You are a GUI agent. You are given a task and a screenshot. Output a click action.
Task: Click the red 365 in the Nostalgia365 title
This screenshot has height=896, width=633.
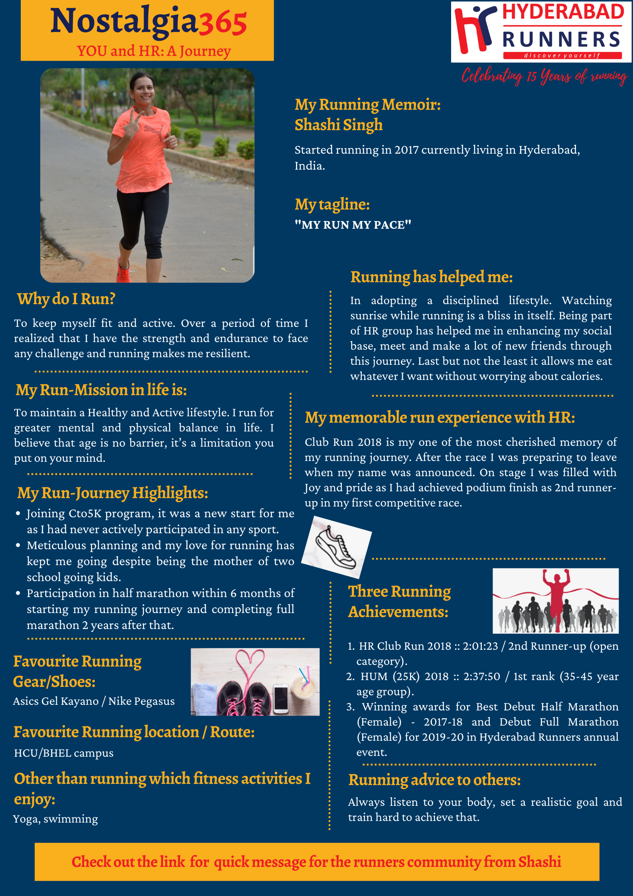pyautogui.click(x=223, y=23)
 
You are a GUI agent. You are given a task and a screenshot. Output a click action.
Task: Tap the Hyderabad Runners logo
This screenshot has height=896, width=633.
pyautogui.click(x=541, y=32)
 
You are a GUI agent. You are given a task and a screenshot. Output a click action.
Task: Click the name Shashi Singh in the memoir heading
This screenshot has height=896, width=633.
pyautogui.click(x=338, y=125)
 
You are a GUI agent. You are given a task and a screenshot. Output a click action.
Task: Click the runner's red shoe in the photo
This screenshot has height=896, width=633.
pyautogui.click(x=124, y=271)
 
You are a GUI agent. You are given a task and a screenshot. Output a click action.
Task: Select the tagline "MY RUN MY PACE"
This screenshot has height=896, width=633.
pyautogui.click(x=353, y=225)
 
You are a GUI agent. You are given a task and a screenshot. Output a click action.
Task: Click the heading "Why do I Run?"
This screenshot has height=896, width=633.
pyautogui.click(x=66, y=299)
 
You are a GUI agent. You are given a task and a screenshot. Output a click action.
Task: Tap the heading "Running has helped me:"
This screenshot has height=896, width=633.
pyautogui.click(x=431, y=277)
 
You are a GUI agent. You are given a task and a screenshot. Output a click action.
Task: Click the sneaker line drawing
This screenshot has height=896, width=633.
pyautogui.click(x=336, y=547)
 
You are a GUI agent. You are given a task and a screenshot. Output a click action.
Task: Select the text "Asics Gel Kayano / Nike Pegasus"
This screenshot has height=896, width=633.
pyautogui.click(x=94, y=701)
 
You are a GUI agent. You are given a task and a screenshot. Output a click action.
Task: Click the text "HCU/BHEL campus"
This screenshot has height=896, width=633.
pyautogui.click(x=64, y=753)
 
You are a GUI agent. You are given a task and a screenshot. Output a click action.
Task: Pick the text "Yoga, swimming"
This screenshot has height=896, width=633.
pyautogui.click(x=55, y=819)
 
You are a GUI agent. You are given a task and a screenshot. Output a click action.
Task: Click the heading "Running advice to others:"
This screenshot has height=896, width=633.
pyautogui.click(x=434, y=780)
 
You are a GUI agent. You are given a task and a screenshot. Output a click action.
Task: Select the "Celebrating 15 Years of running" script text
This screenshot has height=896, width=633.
pyautogui.click(x=544, y=76)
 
